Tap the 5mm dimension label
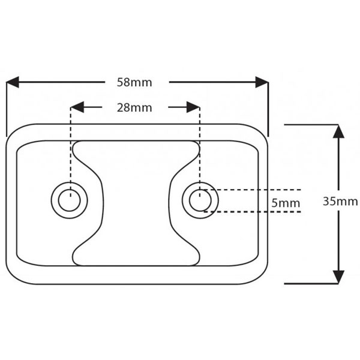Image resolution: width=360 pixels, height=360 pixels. click(285, 203)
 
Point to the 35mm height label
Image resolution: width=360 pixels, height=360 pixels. click(340, 202)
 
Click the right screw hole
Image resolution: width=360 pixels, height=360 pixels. click(200, 200)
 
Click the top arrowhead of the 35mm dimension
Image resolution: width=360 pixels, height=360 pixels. click(338, 131)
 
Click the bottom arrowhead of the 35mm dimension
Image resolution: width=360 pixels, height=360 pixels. click(338, 277)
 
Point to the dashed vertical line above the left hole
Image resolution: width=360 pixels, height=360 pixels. click(71, 150)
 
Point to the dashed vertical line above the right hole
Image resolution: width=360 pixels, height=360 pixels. click(199, 150)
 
